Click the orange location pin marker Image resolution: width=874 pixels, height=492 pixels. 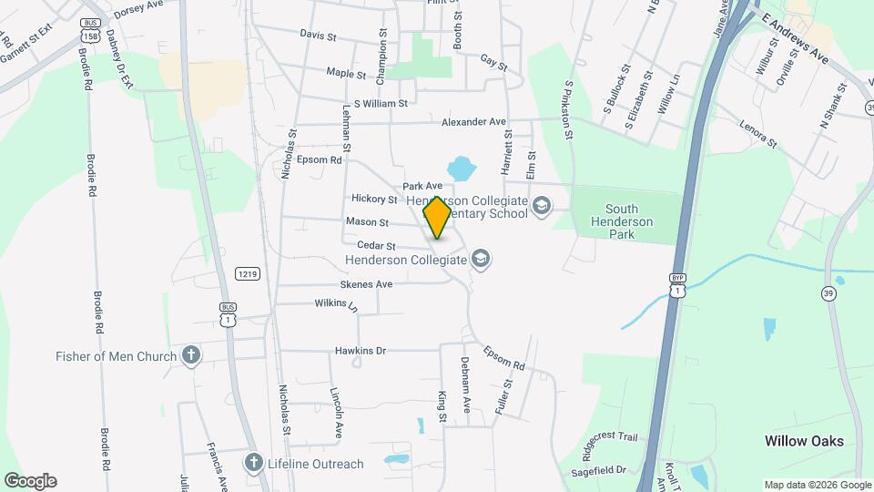pos(437,217)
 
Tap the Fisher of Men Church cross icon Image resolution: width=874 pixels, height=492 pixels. pos(190,354)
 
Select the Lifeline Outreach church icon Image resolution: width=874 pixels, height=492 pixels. pos(254,463)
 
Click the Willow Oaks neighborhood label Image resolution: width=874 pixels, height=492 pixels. pos(804,441)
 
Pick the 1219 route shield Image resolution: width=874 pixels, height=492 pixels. pos(247,273)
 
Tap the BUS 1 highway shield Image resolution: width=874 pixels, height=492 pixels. pos(228,314)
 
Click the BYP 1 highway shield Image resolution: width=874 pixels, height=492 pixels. pos(676,284)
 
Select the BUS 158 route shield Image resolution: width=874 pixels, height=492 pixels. pos(89,29)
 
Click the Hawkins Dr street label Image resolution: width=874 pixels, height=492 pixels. pos(361,351)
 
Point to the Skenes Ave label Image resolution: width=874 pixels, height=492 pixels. pos(366,284)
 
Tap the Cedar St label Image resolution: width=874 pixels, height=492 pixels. pos(376,245)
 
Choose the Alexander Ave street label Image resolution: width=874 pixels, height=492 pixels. pos(473,122)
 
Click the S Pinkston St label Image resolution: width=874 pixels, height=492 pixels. pos(568,110)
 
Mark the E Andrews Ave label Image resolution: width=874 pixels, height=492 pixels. pos(795,37)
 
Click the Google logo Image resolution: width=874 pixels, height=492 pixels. pos(30,480)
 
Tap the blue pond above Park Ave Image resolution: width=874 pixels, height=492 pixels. pos(461,168)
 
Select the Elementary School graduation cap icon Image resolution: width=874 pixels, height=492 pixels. pos(543,205)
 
